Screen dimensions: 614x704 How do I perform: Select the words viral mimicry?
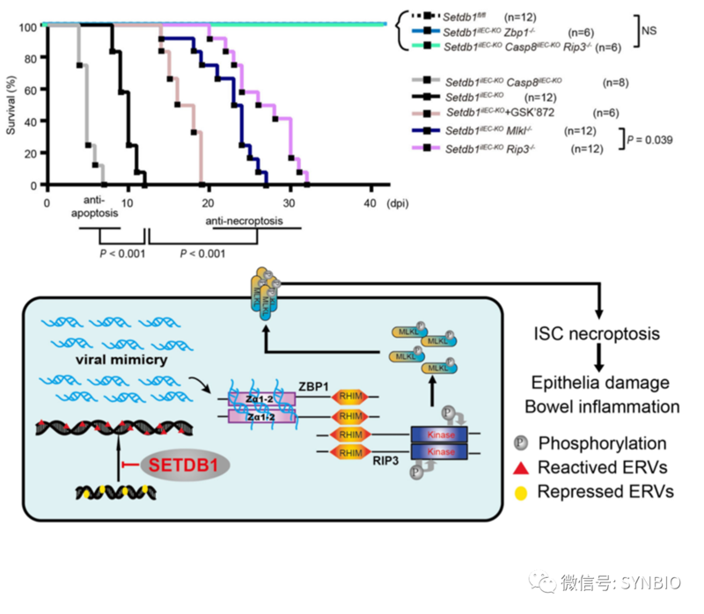[x=99, y=362]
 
